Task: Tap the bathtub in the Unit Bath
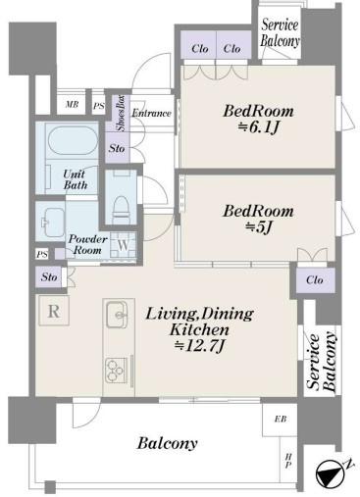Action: pos(73,139)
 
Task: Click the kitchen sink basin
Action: pos(117,315)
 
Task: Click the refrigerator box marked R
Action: pos(54,311)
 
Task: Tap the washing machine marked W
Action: pos(124,245)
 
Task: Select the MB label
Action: pos(72,105)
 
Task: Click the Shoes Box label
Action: pos(122,113)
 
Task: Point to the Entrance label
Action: pos(151,113)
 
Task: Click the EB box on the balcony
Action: pos(280,419)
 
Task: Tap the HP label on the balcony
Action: pos(288,460)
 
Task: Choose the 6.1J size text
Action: pos(258,128)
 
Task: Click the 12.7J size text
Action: pos(199,346)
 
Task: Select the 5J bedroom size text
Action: pos(258,227)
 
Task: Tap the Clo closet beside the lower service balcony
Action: pos(315,279)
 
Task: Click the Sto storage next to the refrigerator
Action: pos(49,277)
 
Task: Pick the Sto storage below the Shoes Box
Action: pos(117,148)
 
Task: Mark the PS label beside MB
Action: pos(99,106)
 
